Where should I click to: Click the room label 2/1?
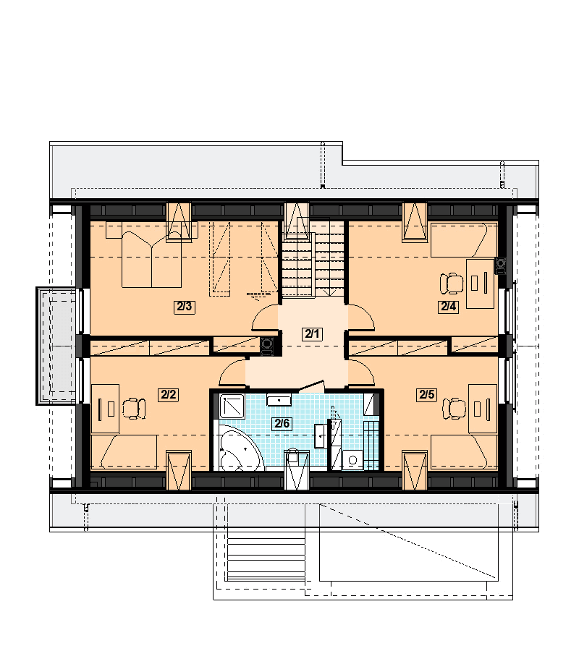click(312, 333)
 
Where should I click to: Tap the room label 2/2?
click(168, 394)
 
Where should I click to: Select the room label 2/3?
click(185, 307)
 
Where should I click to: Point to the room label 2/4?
click(448, 307)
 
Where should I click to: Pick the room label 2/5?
click(426, 394)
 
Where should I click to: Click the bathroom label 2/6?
click(282, 423)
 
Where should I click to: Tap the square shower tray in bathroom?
click(232, 406)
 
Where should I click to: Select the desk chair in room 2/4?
click(452, 284)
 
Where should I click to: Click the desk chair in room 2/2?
click(134, 409)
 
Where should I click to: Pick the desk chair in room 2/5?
click(454, 409)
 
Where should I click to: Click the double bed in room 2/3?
click(151, 260)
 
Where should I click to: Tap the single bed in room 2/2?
click(124, 452)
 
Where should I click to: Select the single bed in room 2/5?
click(464, 452)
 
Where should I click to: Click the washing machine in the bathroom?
click(352, 459)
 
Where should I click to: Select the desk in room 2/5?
click(483, 409)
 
